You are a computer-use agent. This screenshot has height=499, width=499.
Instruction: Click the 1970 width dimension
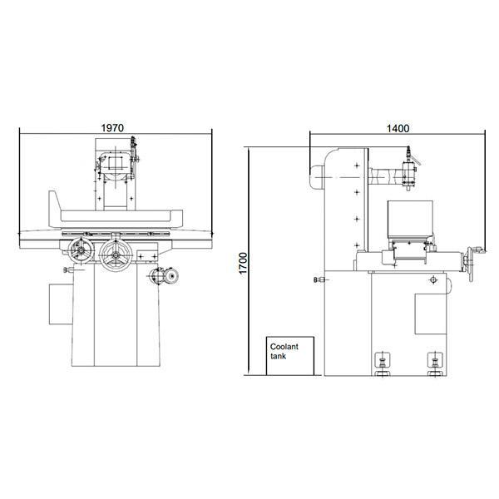pos(112,128)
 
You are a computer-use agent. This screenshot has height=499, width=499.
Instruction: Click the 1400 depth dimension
pos(398,128)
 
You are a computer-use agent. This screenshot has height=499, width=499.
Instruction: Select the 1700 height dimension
pos(244,263)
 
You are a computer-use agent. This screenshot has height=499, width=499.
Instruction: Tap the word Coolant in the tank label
pos(284,347)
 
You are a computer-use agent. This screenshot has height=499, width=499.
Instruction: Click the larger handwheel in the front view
pos(116,255)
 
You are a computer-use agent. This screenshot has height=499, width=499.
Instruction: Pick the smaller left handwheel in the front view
pos(81,251)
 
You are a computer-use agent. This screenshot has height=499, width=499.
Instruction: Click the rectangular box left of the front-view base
pos(61,304)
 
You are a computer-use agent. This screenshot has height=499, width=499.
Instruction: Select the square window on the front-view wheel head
pos(116,163)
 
